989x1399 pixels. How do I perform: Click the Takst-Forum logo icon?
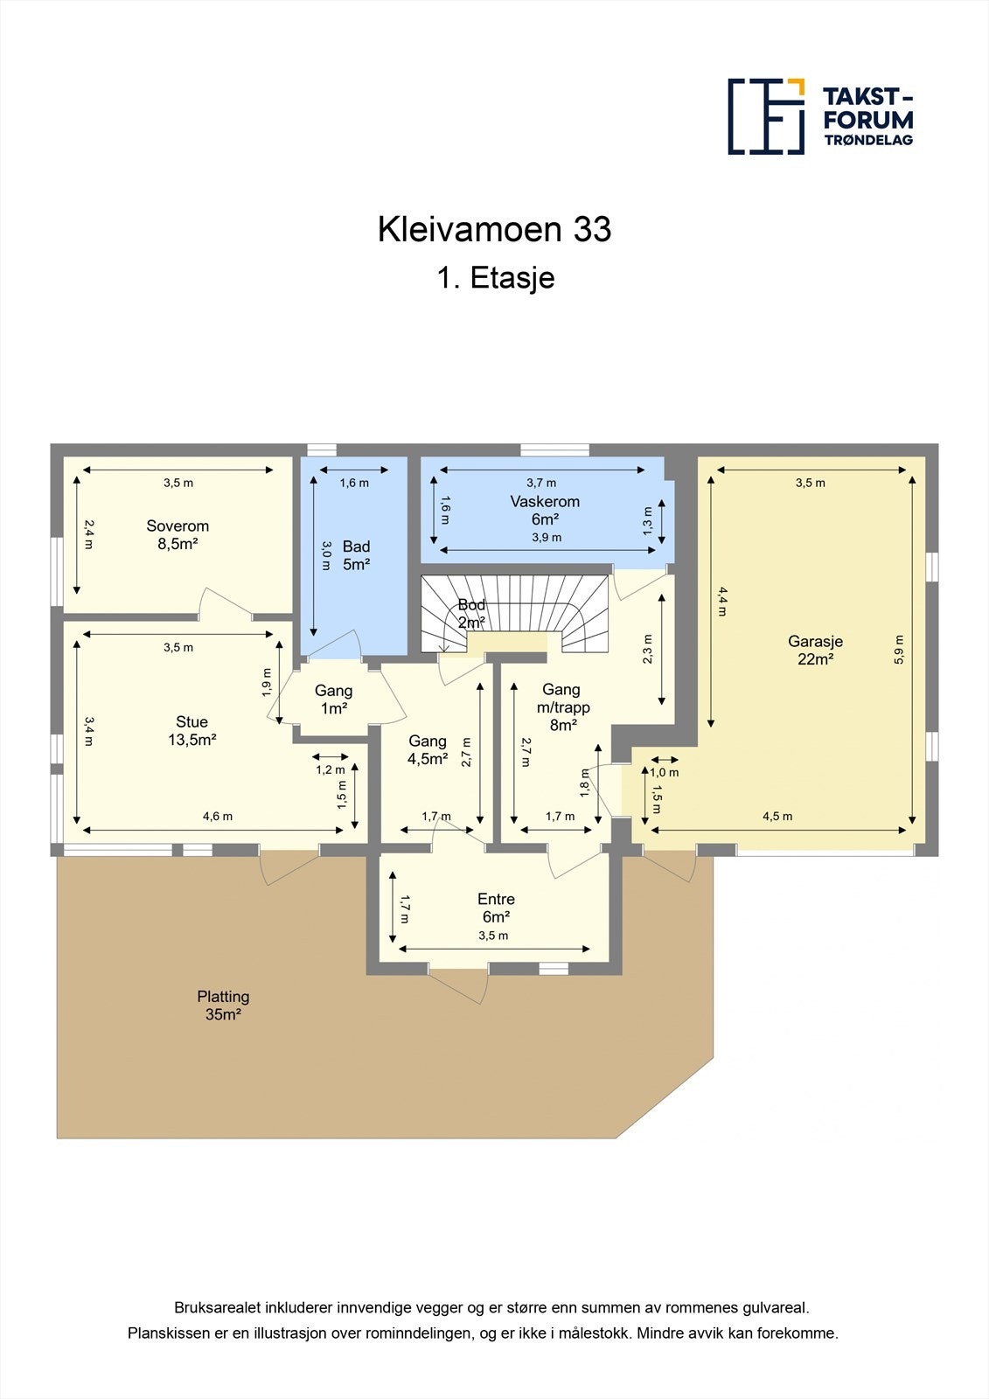click(766, 116)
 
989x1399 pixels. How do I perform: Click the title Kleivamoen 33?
click(494, 229)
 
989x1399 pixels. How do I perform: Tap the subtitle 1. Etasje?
click(495, 278)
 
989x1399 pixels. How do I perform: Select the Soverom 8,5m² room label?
click(178, 535)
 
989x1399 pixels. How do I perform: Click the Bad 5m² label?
click(356, 555)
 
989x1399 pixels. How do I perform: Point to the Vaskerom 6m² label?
click(545, 510)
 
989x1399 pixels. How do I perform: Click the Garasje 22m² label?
click(814, 650)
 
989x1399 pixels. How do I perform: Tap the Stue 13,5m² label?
click(192, 730)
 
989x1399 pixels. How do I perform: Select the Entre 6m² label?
click(496, 908)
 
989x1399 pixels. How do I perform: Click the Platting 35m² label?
click(223, 1006)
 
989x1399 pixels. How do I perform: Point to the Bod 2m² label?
click(471, 614)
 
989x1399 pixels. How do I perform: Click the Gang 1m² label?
click(333, 699)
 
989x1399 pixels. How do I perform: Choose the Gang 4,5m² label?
click(427, 750)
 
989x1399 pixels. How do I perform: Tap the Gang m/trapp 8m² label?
click(562, 706)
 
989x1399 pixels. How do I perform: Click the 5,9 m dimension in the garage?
click(899, 650)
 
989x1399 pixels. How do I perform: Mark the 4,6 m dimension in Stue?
click(218, 817)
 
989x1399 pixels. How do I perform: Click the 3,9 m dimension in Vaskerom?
click(547, 538)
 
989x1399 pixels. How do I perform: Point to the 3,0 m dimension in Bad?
click(326, 549)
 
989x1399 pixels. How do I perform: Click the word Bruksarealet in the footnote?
click(212, 1308)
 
